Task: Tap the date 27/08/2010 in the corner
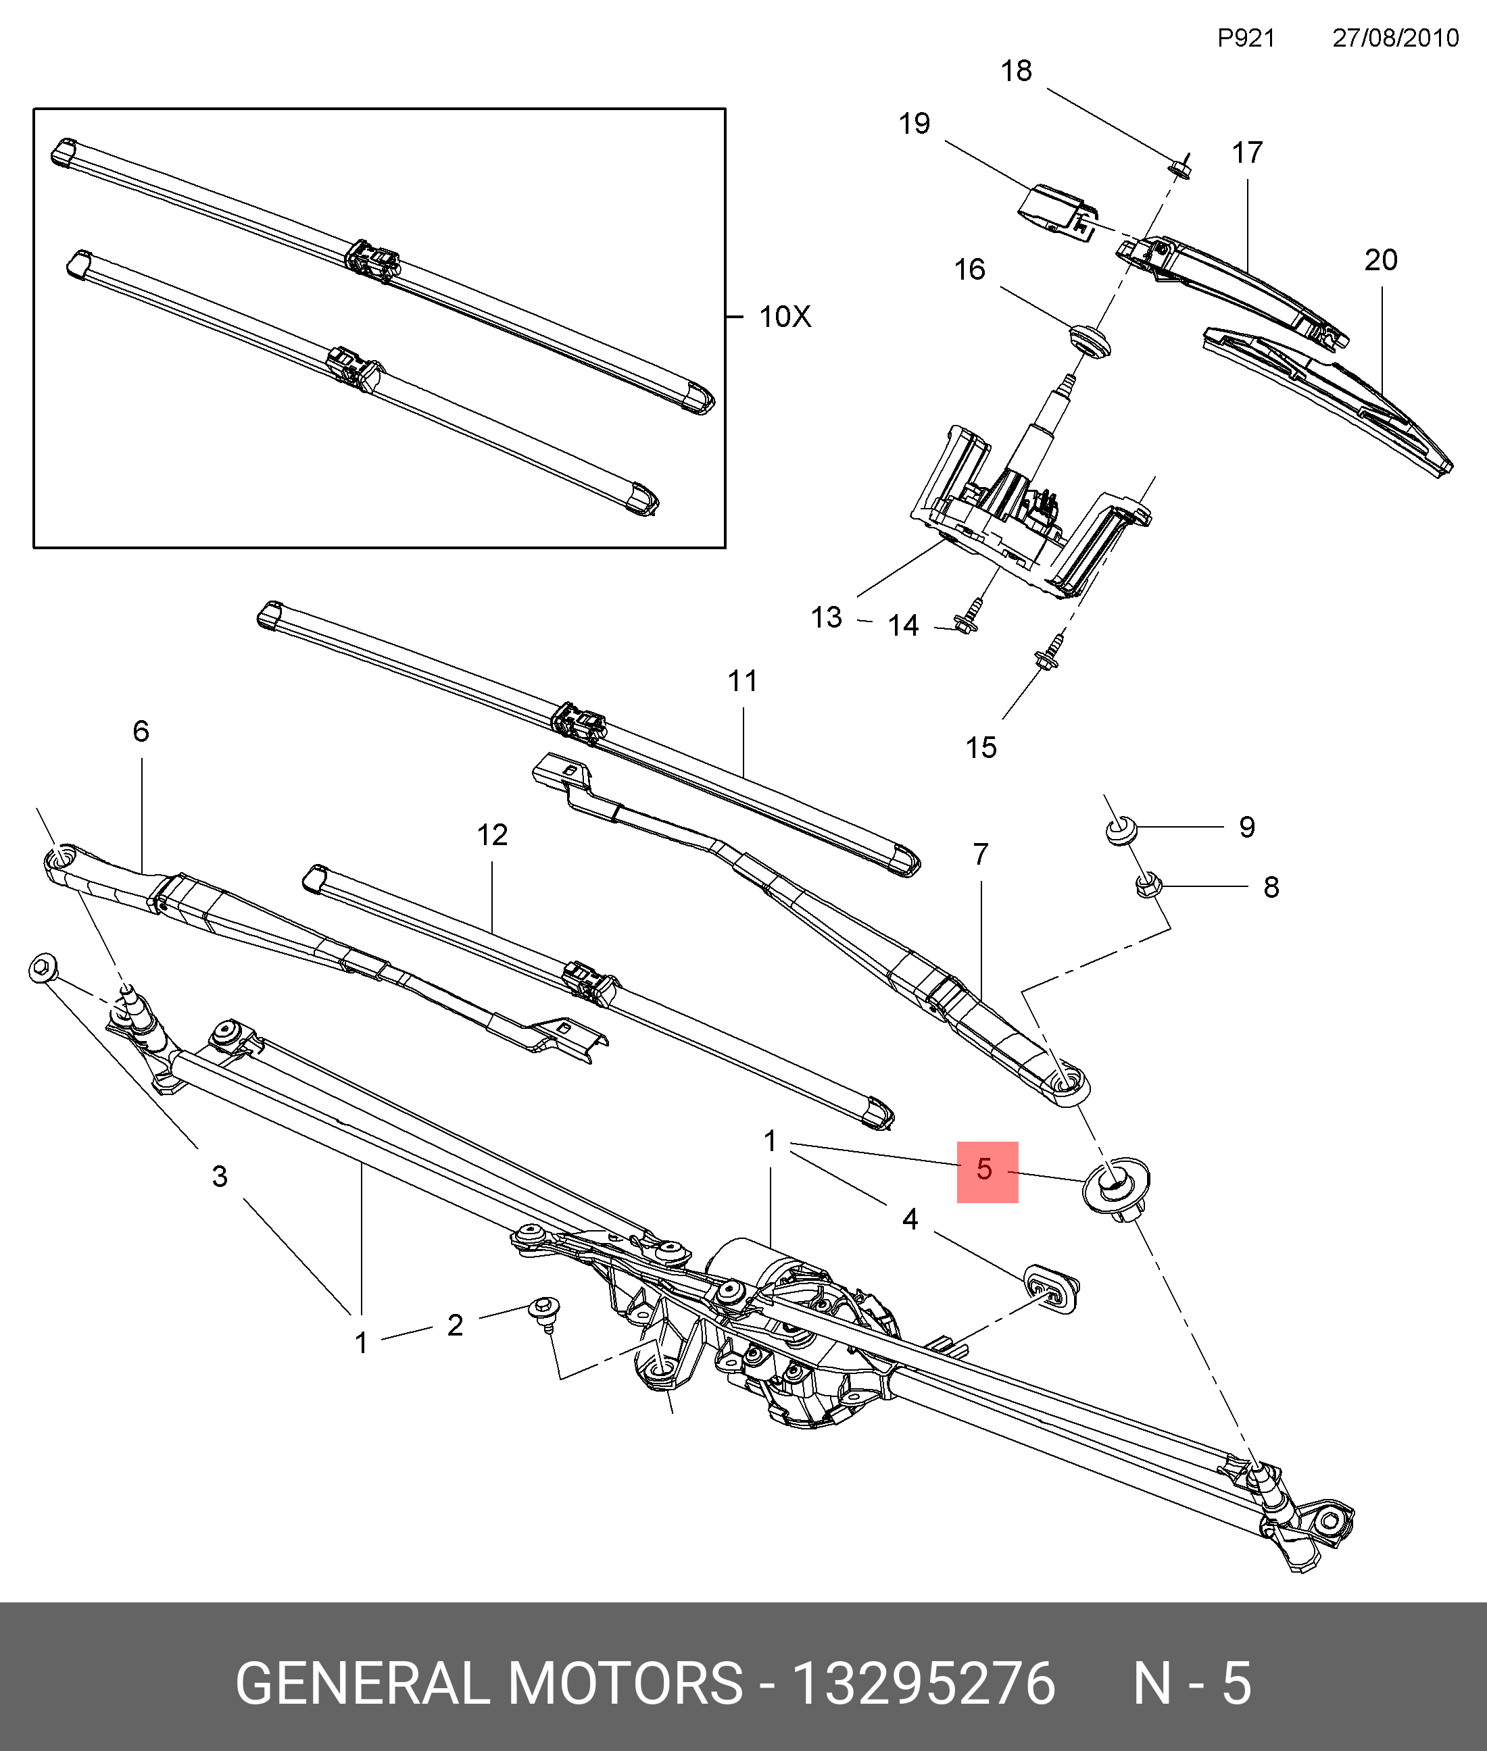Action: tap(1395, 38)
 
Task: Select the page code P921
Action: tap(1246, 38)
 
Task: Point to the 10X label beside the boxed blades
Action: tap(785, 317)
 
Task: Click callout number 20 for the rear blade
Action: tap(1381, 259)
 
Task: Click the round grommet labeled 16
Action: tap(1088, 338)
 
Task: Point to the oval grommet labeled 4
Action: tap(1051, 1288)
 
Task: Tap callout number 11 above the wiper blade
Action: tap(743, 681)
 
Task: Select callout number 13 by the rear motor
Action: tap(826, 617)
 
